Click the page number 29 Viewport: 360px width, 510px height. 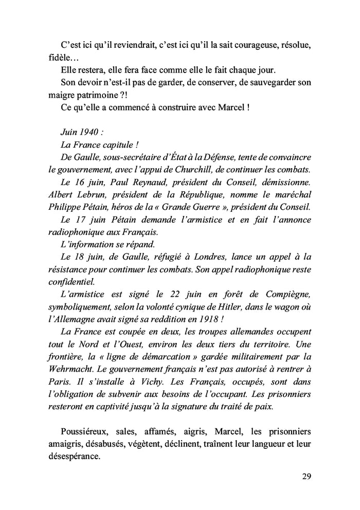click(x=306, y=476)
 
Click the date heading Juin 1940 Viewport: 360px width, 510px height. click(x=80, y=132)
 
